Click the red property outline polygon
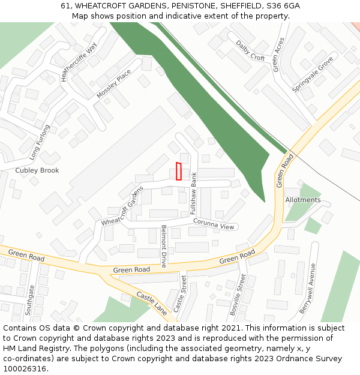178,171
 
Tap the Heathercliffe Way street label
79,62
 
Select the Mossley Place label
113,84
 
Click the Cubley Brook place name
37,170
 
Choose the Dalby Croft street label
250,50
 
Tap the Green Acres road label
278,55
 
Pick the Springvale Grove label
312,74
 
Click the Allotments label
303,200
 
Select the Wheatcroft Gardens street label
122,206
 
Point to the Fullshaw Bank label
194,189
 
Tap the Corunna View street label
213,224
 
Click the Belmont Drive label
164,246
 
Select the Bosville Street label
238,295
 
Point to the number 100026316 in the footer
24,368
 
